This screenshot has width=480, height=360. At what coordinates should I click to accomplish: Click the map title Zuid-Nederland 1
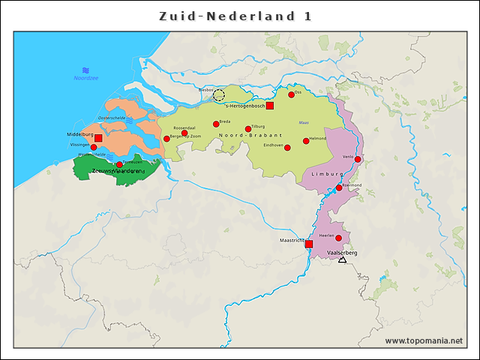(235, 16)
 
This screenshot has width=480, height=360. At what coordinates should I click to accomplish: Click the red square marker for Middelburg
(98, 139)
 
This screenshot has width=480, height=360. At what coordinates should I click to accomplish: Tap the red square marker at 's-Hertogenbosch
(270, 106)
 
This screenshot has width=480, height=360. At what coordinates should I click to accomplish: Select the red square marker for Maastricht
(309, 244)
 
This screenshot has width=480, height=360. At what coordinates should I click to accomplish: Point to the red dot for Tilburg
(248, 129)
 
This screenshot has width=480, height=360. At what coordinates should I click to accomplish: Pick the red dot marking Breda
(216, 124)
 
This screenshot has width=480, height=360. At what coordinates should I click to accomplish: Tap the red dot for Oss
(292, 94)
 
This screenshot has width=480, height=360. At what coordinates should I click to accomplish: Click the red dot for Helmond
(306, 140)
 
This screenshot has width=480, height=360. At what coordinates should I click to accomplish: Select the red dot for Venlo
(358, 159)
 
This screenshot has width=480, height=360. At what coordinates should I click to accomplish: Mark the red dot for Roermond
(339, 187)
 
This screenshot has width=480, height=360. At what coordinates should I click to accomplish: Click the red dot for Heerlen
(338, 238)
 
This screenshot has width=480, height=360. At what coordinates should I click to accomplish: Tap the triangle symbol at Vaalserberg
(342, 259)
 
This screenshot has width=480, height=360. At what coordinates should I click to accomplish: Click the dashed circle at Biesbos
(218, 94)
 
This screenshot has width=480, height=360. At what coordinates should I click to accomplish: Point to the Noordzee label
(86, 78)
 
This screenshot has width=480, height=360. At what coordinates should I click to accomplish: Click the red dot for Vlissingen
(94, 148)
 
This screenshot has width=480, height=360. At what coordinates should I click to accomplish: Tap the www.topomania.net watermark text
(424, 341)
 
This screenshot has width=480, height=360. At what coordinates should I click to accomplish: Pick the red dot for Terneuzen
(119, 164)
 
